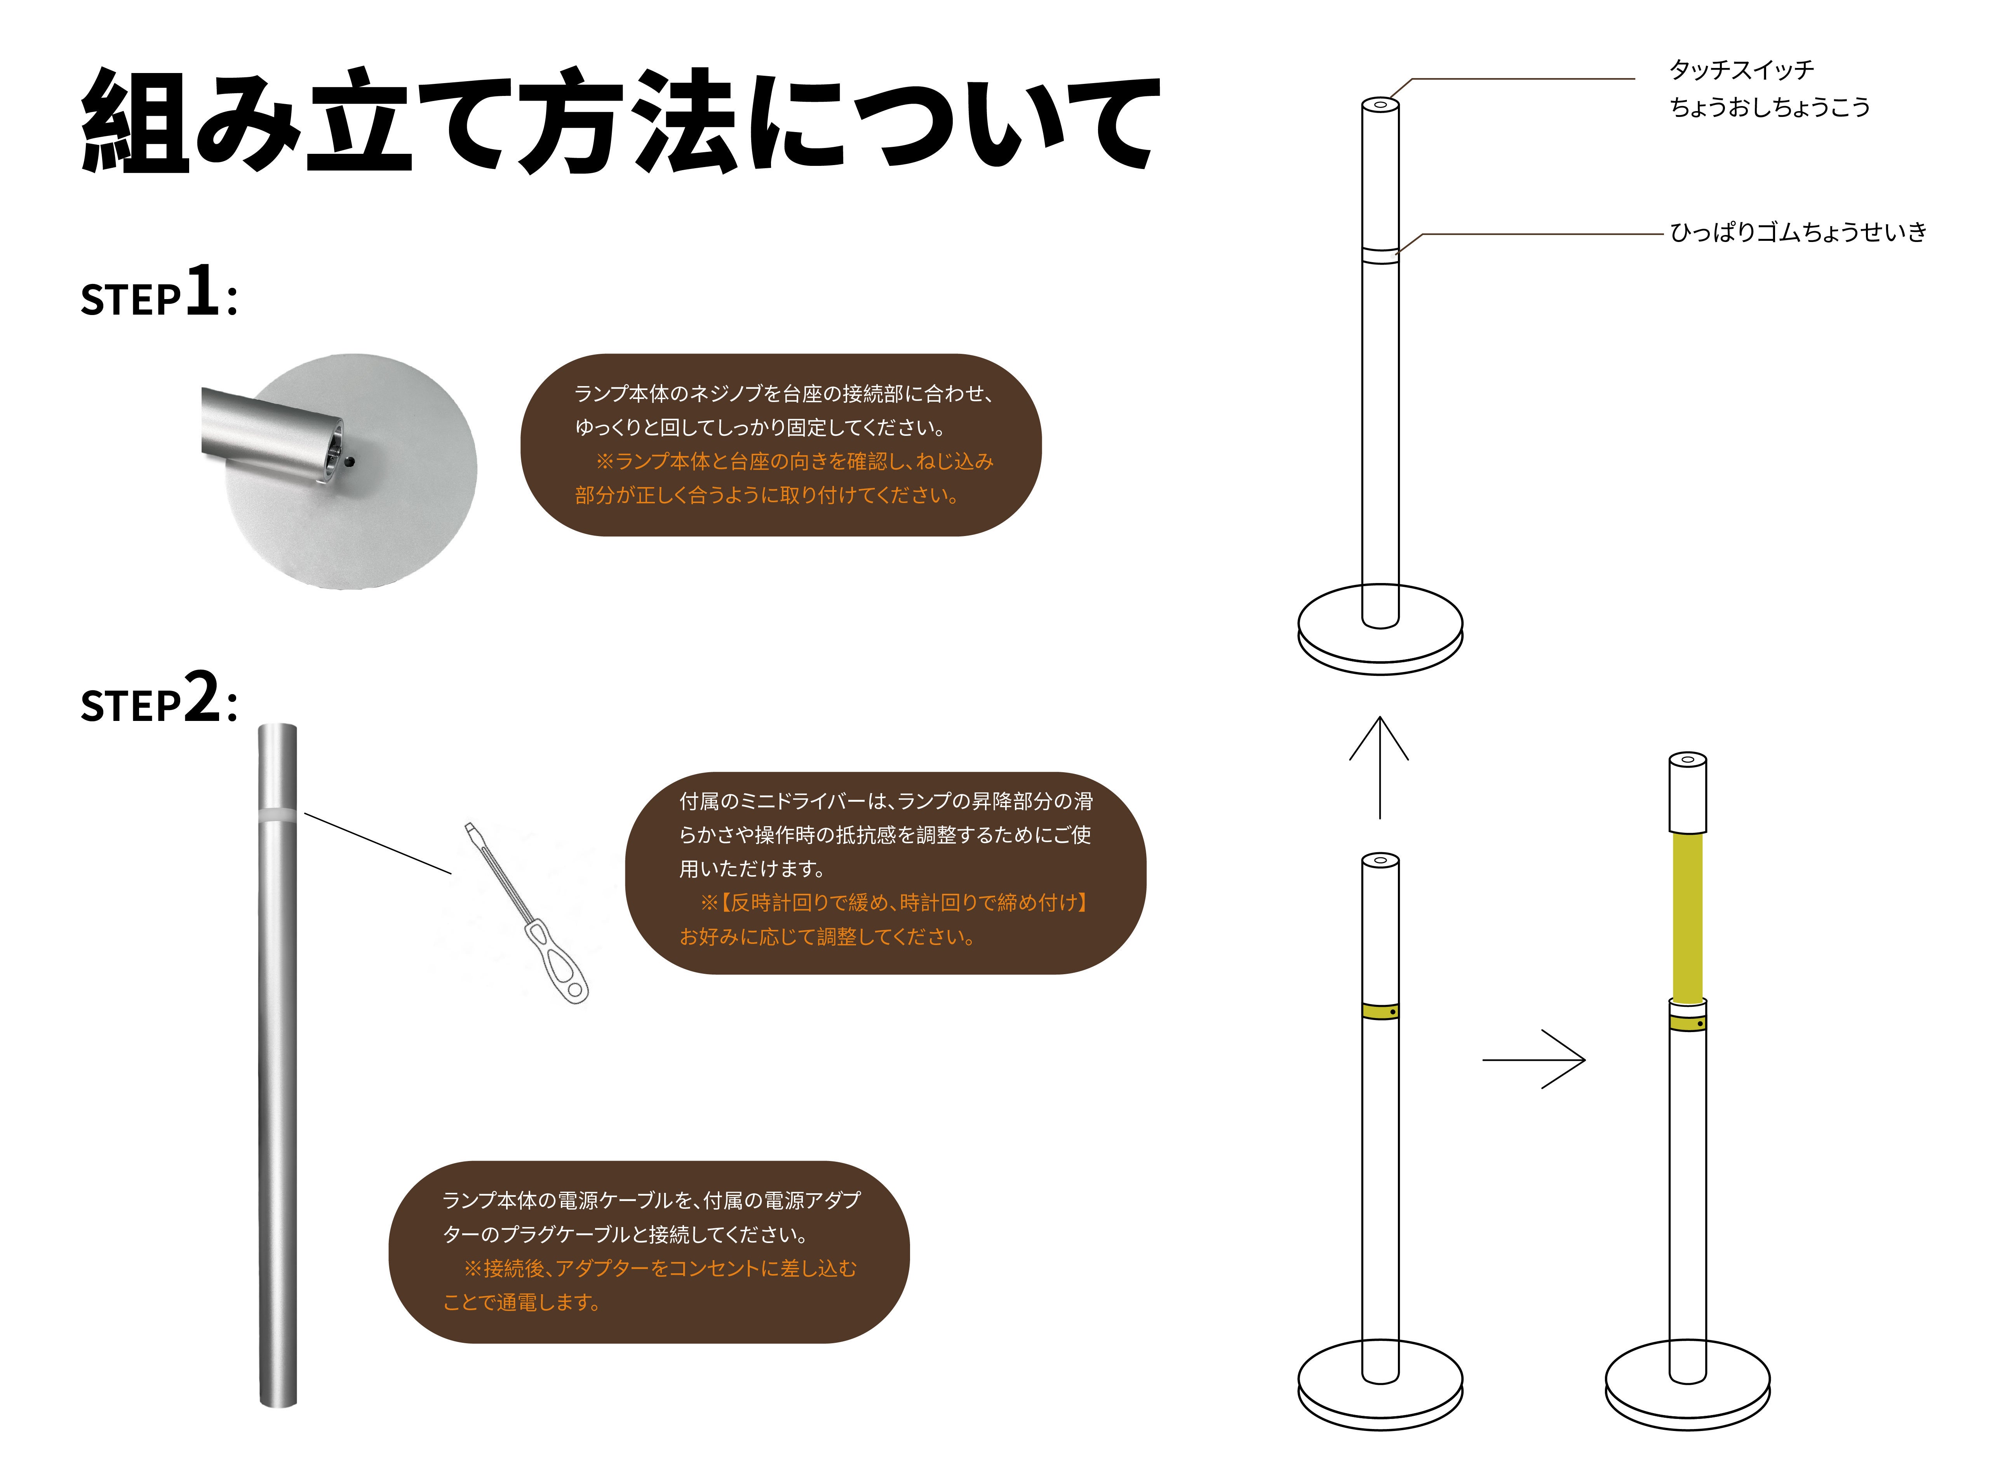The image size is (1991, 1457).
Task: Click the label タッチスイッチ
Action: click(x=1742, y=70)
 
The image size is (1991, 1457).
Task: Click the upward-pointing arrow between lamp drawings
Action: click(x=1379, y=767)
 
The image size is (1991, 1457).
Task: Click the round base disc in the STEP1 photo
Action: click(x=370, y=520)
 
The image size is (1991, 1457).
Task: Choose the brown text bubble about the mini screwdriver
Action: click(x=885, y=873)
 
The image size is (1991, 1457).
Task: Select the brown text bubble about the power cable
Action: click(x=649, y=1252)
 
